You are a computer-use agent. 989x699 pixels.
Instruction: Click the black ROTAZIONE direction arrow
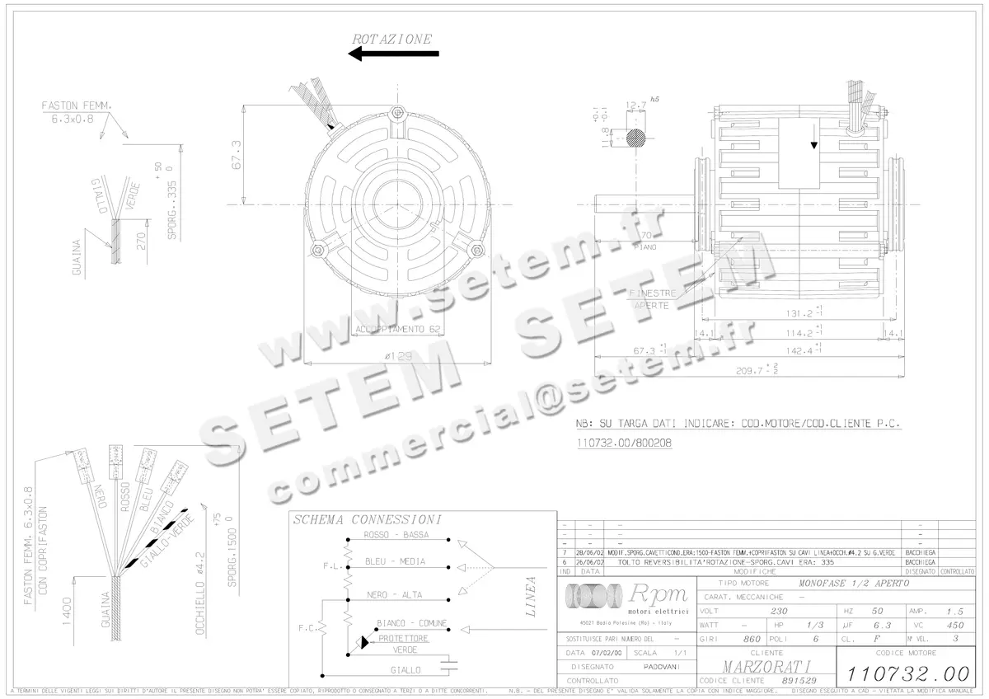[x=393, y=54]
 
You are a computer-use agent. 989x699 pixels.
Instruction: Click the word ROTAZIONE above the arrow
[x=391, y=39]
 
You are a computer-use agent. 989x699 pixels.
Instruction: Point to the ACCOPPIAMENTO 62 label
[x=395, y=329]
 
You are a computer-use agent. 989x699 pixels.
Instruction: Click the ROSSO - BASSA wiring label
[x=396, y=535]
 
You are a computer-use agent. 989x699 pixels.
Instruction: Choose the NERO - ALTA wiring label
[x=394, y=594]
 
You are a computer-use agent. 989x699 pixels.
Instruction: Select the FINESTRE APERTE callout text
[x=652, y=299]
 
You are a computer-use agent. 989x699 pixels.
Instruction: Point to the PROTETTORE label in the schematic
[x=403, y=638]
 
